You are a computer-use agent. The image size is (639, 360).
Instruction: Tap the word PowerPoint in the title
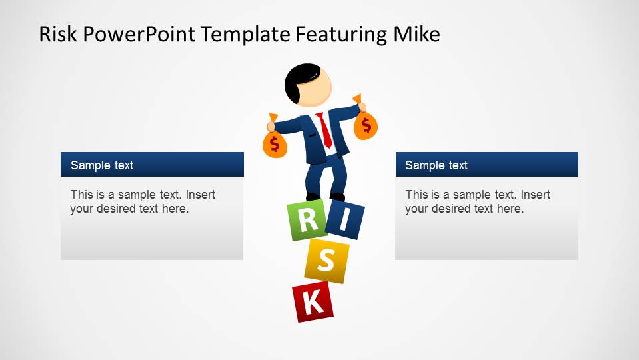(137, 34)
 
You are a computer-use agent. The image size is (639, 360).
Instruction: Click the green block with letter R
(306, 221)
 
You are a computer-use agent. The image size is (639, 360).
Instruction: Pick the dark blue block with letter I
(344, 221)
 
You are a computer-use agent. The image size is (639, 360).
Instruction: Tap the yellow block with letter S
(326, 261)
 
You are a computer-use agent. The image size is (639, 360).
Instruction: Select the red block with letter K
(313, 302)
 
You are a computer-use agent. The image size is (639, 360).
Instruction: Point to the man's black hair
(299, 79)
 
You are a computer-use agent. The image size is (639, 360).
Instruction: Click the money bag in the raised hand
(365, 125)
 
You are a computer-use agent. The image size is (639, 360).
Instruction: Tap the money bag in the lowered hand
(274, 144)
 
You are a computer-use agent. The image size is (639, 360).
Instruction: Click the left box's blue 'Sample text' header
(152, 165)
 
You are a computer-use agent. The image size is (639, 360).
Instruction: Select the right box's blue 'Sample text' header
(486, 165)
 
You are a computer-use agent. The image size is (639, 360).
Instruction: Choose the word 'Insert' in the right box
(536, 195)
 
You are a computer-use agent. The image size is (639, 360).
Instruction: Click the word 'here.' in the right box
(510, 209)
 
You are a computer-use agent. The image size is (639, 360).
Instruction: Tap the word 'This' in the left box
(82, 195)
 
